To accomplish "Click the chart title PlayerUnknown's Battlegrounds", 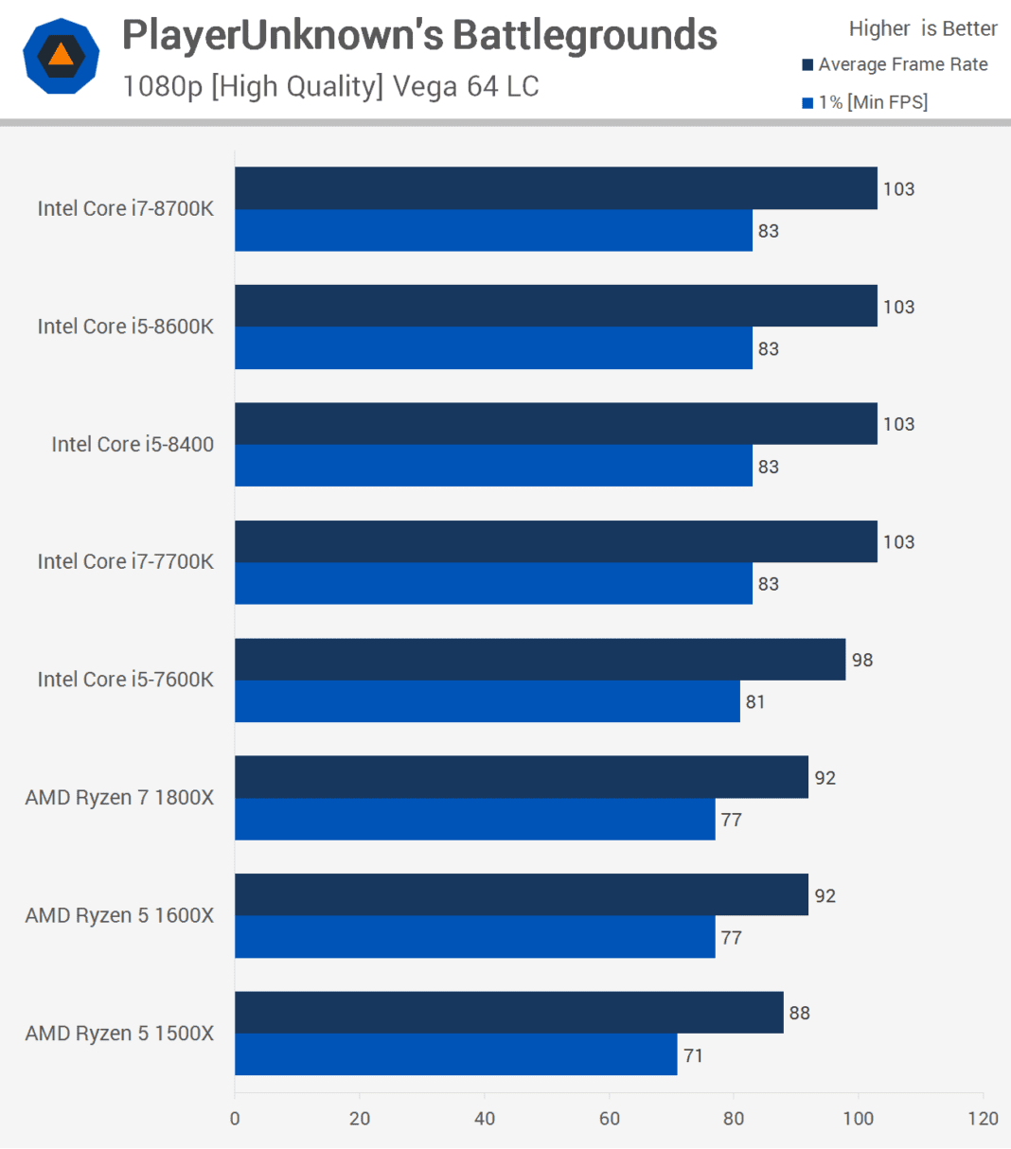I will click(x=419, y=36).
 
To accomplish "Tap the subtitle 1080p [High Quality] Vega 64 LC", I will click(x=330, y=87).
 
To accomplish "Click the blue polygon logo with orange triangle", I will click(x=61, y=56).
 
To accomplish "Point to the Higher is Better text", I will click(x=922, y=29).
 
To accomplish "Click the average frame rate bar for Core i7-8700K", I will click(x=556, y=188).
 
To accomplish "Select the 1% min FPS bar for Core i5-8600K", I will click(x=493, y=348).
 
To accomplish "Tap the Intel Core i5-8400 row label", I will click(x=133, y=444).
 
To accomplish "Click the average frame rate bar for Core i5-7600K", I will click(x=540, y=660).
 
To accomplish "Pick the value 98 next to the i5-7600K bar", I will click(x=861, y=660).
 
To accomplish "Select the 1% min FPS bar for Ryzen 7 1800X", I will click(x=474, y=820).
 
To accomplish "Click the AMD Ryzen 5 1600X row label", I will click(x=119, y=915).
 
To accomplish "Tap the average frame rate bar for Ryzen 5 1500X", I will click(x=508, y=1013).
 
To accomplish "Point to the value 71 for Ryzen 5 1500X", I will click(x=693, y=1055).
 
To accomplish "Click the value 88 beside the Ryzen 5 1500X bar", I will click(x=799, y=1013).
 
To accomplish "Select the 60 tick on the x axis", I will click(x=609, y=1119).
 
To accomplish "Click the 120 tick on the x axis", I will click(x=983, y=1119).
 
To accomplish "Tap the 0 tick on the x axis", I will click(x=235, y=1119).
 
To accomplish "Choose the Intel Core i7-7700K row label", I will click(x=125, y=561).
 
